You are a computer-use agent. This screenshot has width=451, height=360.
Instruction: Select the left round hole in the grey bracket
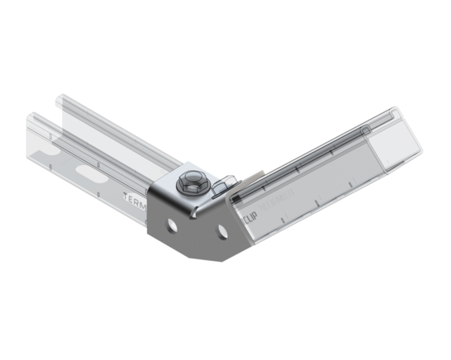[172, 224]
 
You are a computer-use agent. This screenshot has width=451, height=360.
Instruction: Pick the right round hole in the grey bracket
[222, 232]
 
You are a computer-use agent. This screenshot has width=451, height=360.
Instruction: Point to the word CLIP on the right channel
[249, 217]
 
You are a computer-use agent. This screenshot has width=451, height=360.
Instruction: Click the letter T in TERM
[125, 195]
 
